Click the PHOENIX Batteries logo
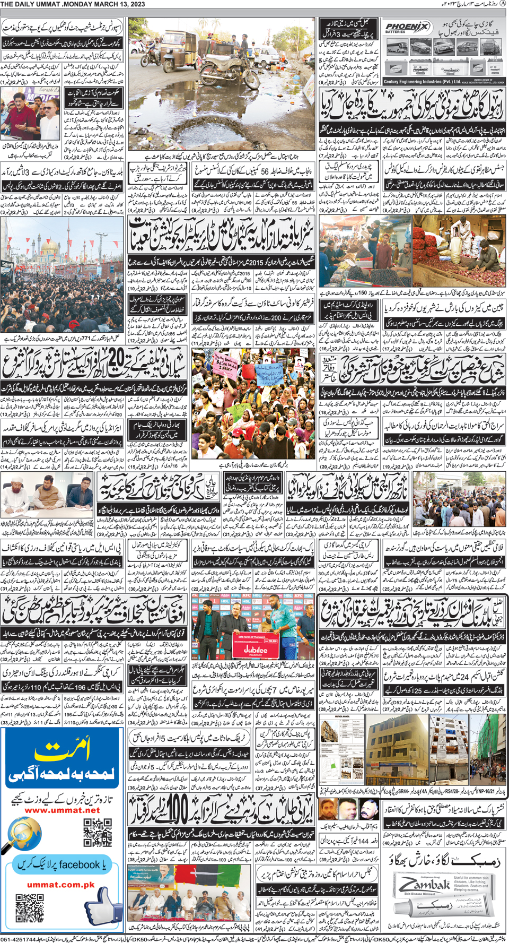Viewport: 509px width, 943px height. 407,28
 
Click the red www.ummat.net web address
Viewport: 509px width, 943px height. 62,810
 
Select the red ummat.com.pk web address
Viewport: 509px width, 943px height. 60,885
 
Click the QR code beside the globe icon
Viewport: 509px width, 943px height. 98,832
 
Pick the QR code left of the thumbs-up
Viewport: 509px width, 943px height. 30,908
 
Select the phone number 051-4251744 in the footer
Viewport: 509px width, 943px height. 19,939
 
